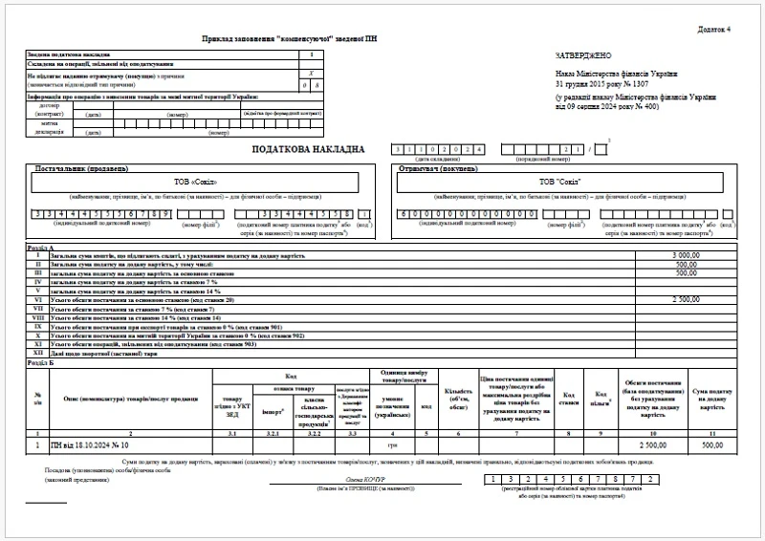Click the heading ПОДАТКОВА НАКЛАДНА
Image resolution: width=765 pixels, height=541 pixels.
point(308,149)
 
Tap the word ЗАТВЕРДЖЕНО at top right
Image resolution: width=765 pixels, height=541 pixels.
point(582,56)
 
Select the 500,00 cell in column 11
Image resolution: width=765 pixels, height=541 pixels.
point(713,445)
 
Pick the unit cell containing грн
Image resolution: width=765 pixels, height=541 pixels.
point(391,445)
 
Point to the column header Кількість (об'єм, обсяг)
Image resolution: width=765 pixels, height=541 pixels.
point(458,395)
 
